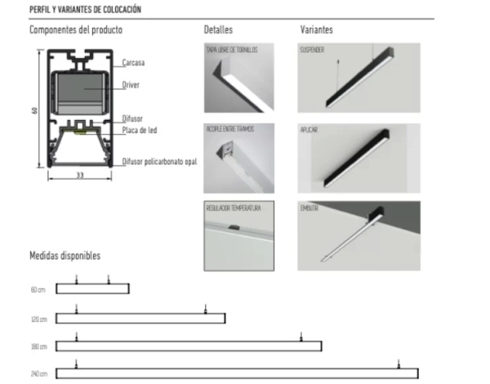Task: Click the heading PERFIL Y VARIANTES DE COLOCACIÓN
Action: (84, 9)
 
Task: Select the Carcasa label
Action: (134, 62)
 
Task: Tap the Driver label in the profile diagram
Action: (131, 84)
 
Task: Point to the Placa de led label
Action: (140, 129)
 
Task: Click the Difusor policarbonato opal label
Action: (160, 162)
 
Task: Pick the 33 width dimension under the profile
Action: (79, 174)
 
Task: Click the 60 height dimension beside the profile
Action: (35, 110)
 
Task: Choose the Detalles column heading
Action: (219, 30)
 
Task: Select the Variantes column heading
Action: (317, 30)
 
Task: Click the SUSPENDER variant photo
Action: (359, 78)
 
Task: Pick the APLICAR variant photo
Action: (359, 158)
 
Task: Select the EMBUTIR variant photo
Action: (359, 236)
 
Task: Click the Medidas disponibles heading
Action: (65, 256)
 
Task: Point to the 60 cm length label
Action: (38, 290)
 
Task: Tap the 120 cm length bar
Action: (140, 318)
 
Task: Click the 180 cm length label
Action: (38, 346)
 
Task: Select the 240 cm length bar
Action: (237, 373)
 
